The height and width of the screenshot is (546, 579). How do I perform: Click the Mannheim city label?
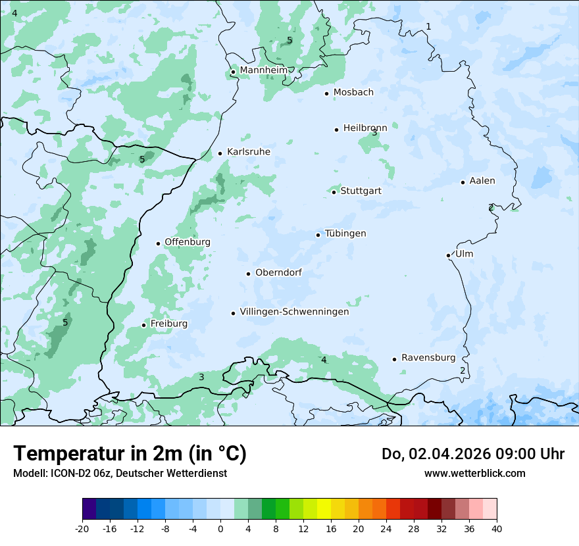click(x=263, y=70)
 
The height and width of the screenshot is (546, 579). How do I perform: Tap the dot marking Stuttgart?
click(x=334, y=192)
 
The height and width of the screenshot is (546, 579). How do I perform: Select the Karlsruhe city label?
click(x=248, y=152)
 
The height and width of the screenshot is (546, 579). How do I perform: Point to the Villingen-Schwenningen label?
click(x=294, y=312)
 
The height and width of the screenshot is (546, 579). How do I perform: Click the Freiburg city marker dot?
click(x=144, y=325)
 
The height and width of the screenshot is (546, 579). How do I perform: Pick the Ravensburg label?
click(x=428, y=358)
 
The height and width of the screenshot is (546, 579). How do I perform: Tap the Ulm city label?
click(x=464, y=254)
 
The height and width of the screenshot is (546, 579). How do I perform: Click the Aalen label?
click(x=482, y=181)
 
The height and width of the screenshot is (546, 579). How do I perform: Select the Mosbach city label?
click(x=353, y=93)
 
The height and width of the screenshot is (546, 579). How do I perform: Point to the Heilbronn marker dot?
click(x=337, y=130)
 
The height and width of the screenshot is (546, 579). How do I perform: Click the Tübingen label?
click(x=345, y=234)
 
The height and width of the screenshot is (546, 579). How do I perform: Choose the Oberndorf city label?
click(x=278, y=272)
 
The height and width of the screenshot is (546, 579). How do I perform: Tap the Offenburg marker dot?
click(x=159, y=243)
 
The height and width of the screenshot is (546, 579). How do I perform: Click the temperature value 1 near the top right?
click(x=428, y=26)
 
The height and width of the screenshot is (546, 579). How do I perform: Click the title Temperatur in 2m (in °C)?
click(x=130, y=454)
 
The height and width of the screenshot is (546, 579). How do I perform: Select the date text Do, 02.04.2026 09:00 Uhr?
click(x=473, y=454)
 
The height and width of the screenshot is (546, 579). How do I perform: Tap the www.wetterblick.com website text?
click(x=474, y=473)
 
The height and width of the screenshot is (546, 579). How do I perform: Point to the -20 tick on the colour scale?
click(x=82, y=528)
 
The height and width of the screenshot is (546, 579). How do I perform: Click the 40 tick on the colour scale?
click(x=497, y=528)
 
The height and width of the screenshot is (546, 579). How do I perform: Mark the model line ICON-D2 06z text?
click(x=120, y=473)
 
